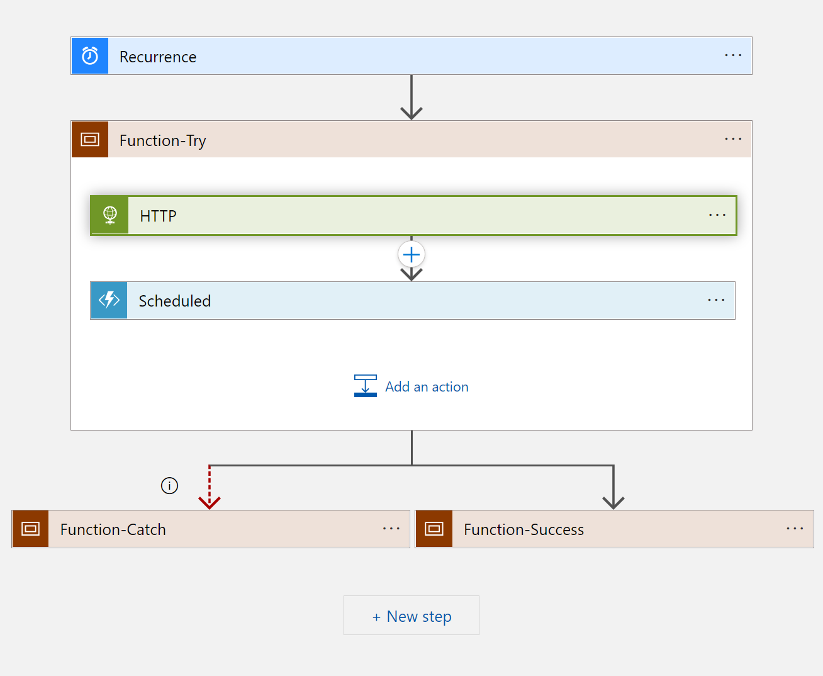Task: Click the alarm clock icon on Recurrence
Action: pyautogui.click(x=90, y=56)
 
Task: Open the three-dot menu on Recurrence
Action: pyautogui.click(x=733, y=55)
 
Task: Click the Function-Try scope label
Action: pyautogui.click(x=162, y=140)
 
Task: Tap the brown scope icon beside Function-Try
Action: pyautogui.click(x=90, y=139)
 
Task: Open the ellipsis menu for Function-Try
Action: pyautogui.click(x=733, y=139)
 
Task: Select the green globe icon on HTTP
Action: pyautogui.click(x=110, y=215)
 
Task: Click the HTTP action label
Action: pyautogui.click(x=158, y=216)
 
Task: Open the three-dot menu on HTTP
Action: pyautogui.click(x=717, y=215)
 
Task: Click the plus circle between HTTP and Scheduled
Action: pyautogui.click(x=411, y=255)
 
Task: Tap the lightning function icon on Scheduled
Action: pyautogui.click(x=109, y=300)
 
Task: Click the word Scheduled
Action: pyautogui.click(x=174, y=301)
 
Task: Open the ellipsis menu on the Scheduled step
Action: pyautogui.click(x=716, y=300)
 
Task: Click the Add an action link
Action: pyautogui.click(x=426, y=386)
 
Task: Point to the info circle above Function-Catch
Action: pyautogui.click(x=169, y=485)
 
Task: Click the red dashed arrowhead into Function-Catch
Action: pyautogui.click(x=210, y=502)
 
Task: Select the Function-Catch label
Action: pyautogui.click(x=113, y=529)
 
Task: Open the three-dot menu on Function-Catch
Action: pyautogui.click(x=391, y=529)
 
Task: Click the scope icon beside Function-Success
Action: pyautogui.click(x=434, y=529)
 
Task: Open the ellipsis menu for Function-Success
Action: pyautogui.click(x=795, y=529)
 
